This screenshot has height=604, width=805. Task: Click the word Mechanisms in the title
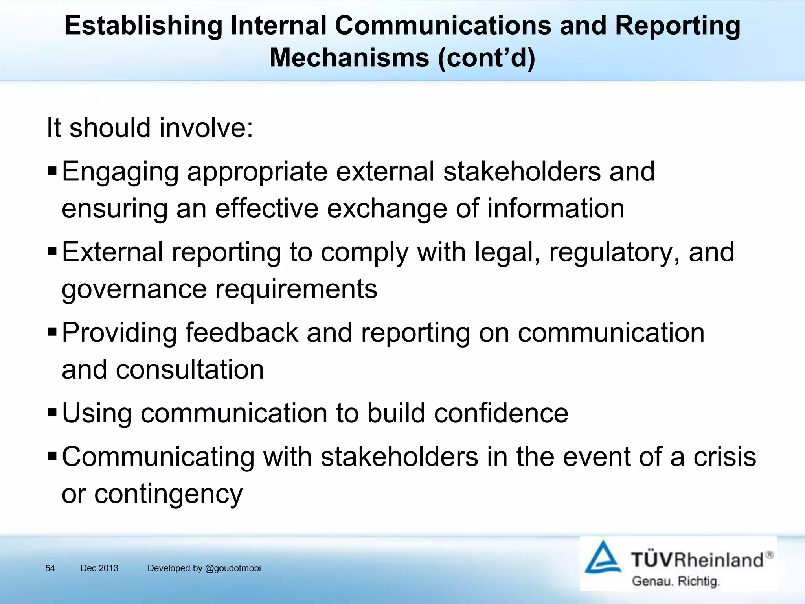point(349,58)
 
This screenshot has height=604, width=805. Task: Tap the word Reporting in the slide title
point(677,26)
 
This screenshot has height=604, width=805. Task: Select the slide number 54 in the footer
point(50,568)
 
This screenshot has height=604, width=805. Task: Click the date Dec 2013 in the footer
point(99,568)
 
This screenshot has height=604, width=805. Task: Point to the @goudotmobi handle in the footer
point(233,568)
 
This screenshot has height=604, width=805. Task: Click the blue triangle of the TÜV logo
point(603,558)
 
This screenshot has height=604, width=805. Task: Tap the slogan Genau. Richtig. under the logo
point(676,581)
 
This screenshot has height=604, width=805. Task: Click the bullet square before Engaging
point(52,171)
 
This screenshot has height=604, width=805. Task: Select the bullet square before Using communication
point(52,413)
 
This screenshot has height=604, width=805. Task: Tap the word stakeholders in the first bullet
point(522,171)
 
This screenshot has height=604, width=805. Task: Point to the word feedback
point(241,333)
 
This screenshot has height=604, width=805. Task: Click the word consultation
point(189,370)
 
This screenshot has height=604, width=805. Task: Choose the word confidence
point(497,413)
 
